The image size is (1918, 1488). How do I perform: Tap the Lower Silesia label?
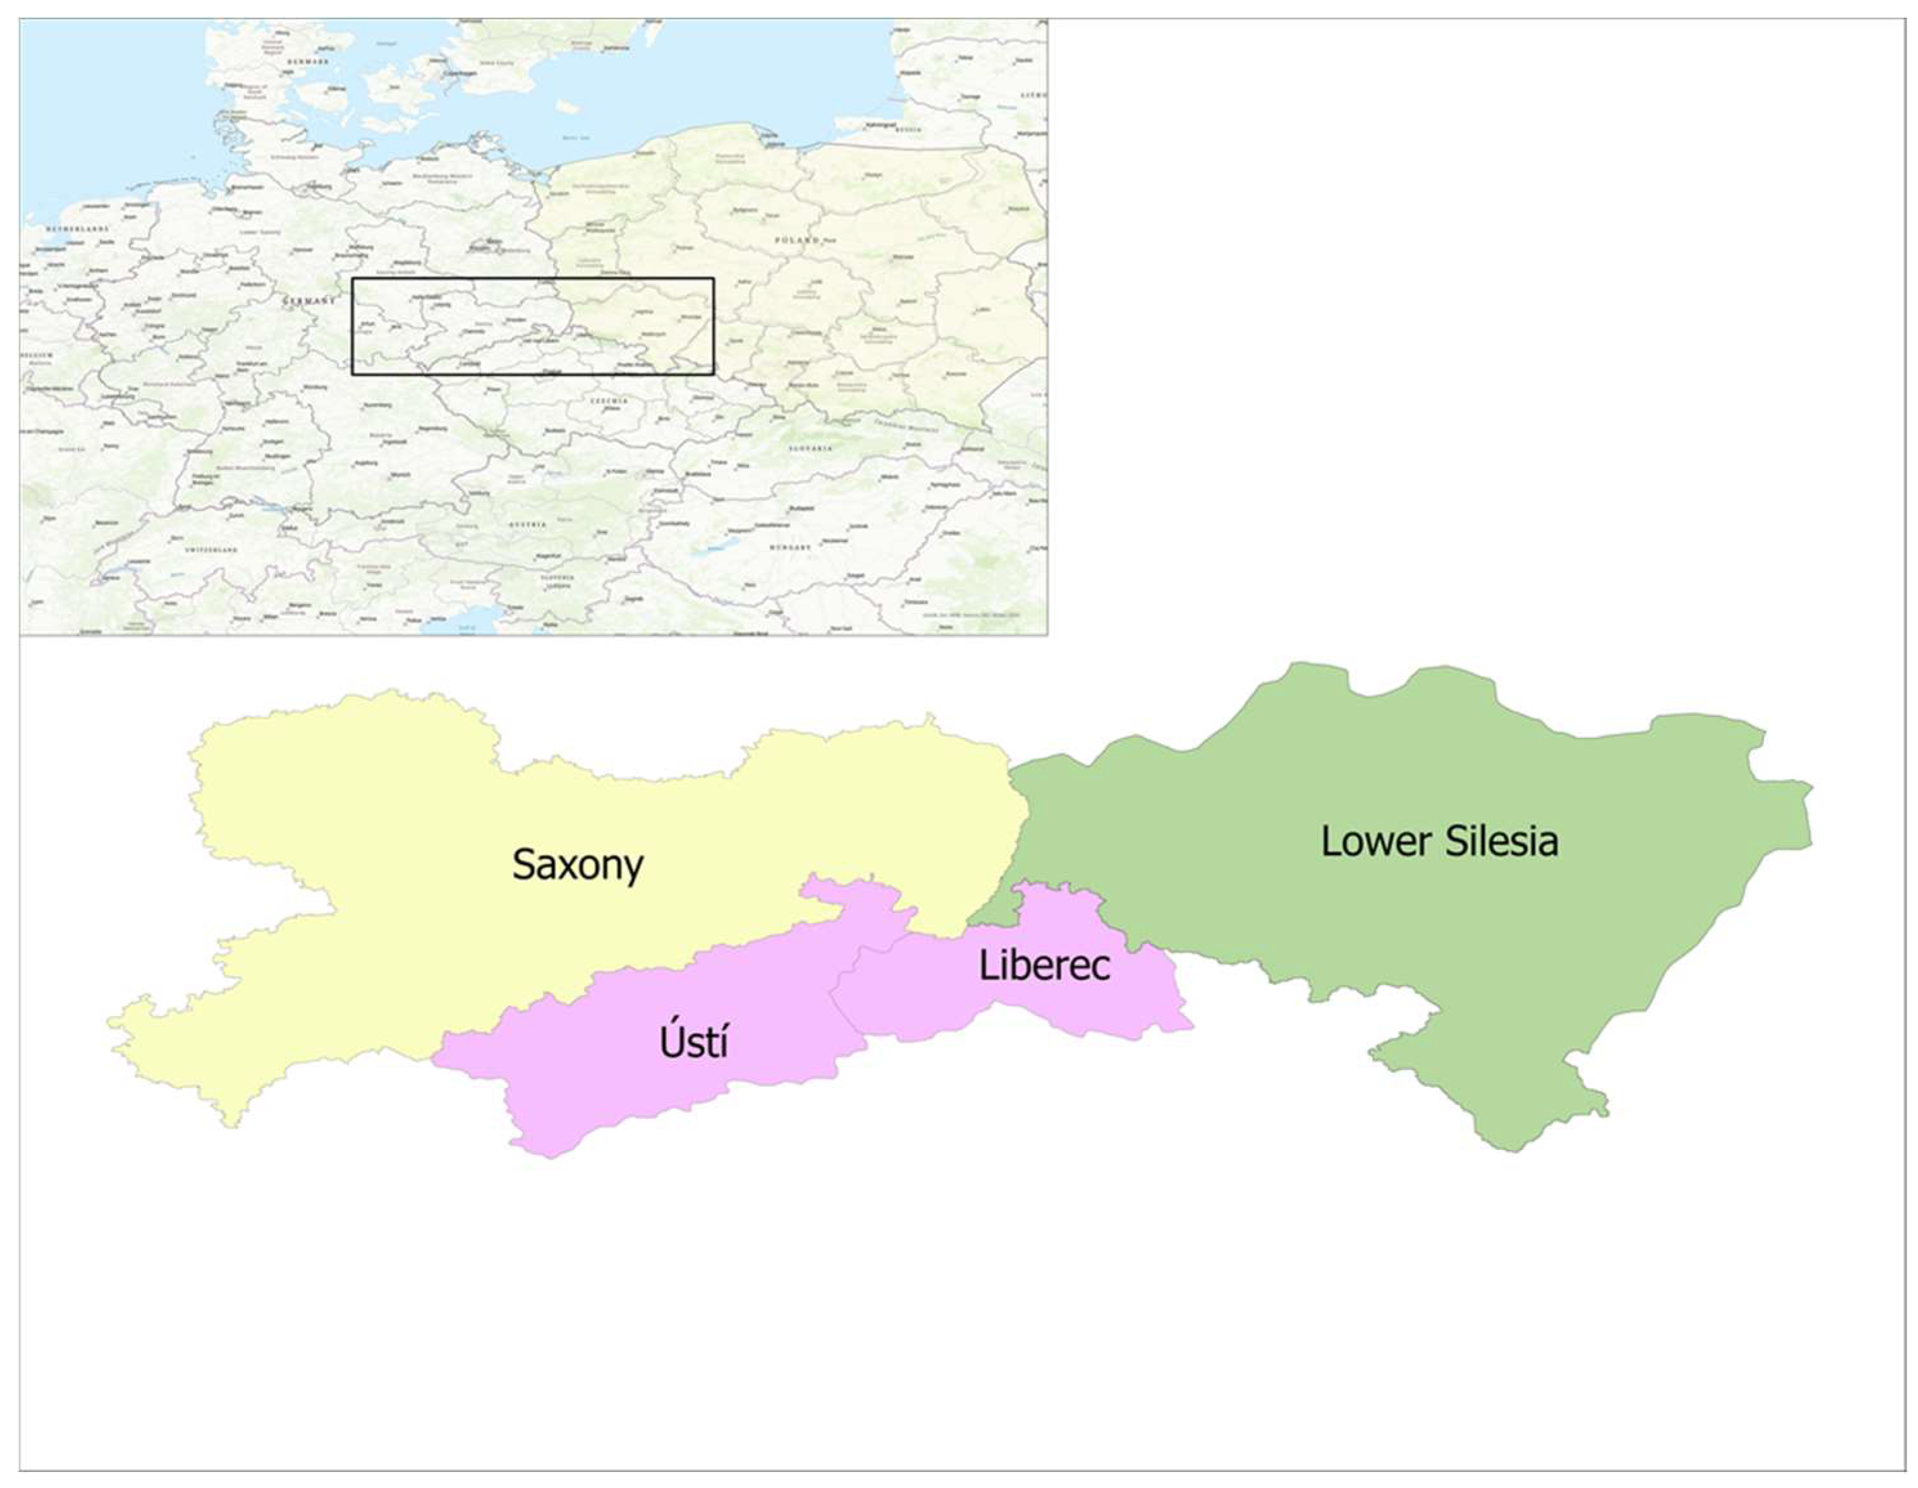(1440, 842)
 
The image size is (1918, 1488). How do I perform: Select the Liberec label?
(1044, 966)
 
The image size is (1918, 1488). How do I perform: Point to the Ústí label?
(693, 1042)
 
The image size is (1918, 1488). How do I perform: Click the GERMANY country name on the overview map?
(309, 301)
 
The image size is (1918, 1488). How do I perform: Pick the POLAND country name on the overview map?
(796, 240)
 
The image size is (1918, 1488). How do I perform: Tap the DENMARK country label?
(312, 62)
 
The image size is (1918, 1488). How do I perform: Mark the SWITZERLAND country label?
(211, 550)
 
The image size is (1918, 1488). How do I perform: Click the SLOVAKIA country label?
(810, 448)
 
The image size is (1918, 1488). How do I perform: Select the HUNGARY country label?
(791, 547)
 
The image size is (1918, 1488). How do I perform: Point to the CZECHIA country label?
(608, 400)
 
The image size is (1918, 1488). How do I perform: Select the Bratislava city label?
(697, 475)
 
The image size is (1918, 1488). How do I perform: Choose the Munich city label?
(400, 475)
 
